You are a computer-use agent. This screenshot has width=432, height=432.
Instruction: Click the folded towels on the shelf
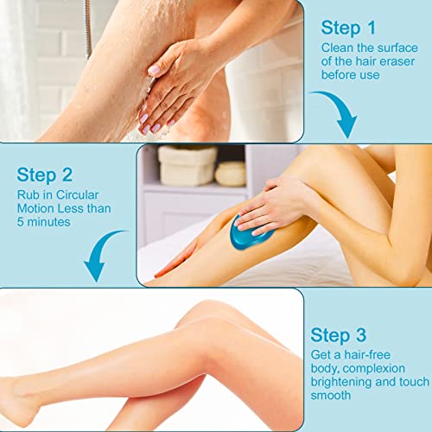(x=187, y=165)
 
